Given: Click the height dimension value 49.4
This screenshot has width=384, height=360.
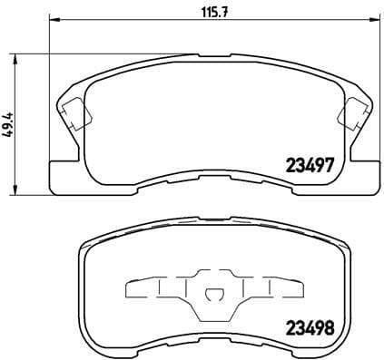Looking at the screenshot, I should (x=10, y=122).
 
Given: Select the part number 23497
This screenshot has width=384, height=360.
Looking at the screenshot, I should (x=312, y=165).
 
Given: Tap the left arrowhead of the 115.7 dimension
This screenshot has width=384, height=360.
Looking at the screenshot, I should (x=52, y=19).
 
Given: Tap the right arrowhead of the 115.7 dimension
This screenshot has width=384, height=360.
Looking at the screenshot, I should (x=372, y=19).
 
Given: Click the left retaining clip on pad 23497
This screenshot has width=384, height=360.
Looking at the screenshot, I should (x=74, y=113).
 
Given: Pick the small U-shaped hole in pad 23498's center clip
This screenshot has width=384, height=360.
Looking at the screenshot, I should (x=212, y=294).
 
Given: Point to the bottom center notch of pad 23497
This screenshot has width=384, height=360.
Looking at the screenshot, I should (x=212, y=181).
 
